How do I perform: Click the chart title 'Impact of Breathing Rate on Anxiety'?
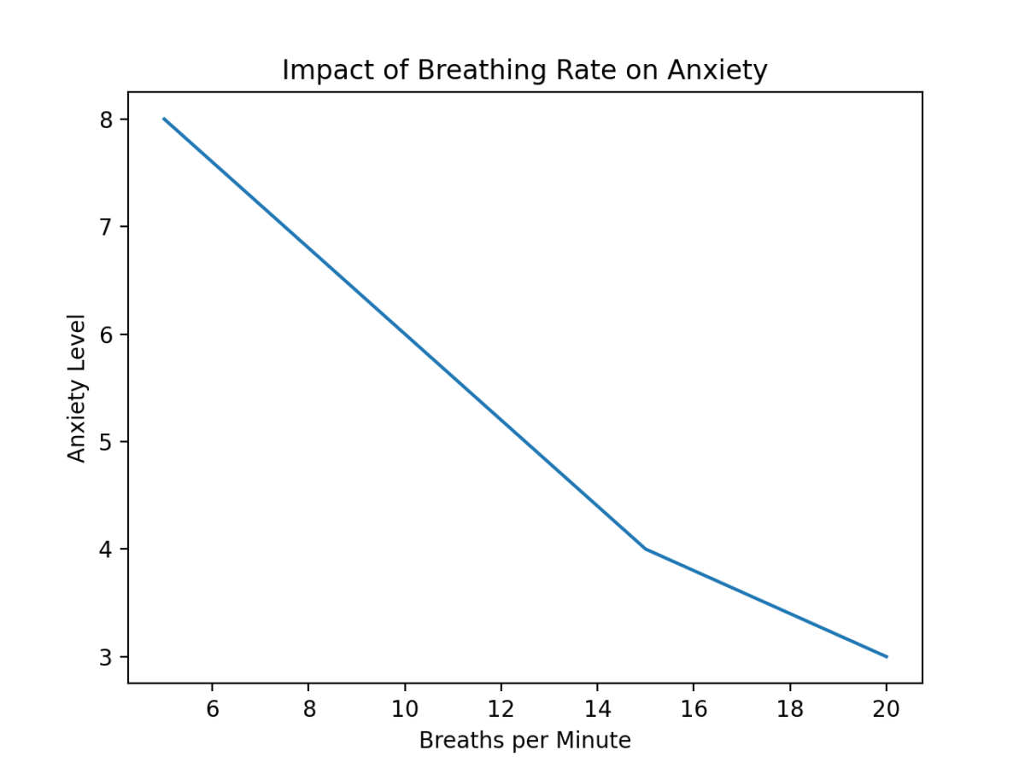(524, 71)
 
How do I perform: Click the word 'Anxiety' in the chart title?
(717, 71)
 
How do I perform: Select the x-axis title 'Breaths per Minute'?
(524, 741)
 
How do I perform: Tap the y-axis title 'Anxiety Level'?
(77, 388)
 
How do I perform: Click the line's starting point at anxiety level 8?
(164, 119)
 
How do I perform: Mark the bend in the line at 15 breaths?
(646, 549)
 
